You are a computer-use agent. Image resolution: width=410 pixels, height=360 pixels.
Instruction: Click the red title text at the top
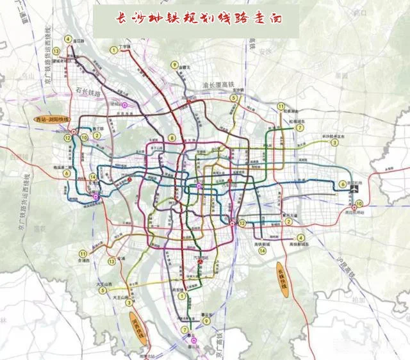click(197, 20)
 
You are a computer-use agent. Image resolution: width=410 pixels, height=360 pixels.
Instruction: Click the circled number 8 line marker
click(172, 138)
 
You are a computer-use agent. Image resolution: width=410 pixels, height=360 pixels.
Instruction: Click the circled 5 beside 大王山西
click(102, 290)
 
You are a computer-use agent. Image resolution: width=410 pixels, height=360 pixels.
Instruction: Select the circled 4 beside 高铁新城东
click(301, 238)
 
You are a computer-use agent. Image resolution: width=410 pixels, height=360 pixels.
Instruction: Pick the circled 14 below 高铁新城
click(262, 252)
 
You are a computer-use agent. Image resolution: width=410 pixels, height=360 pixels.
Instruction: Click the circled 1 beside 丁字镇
click(113, 49)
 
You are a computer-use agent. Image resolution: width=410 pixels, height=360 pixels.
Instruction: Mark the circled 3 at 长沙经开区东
click(334, 143)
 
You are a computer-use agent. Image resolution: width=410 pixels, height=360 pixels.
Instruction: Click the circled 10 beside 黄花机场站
click(359, 203)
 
